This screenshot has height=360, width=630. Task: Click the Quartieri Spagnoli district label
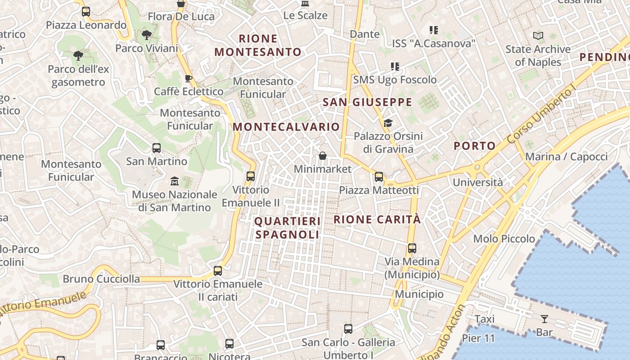pyautogui.click(x=288, y=228)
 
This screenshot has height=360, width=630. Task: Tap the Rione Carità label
pyautogui.click(x=377, y=220)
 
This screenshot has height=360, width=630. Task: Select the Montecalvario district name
pyautogui.click(x=286, y=127)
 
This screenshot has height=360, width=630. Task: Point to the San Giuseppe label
pyautogui.click(x=368, y=102)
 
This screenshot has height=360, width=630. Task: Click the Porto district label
pyautogui.click(x=474, y=146)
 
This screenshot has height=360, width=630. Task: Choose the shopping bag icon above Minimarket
pyautogui.click(x=323, y=156)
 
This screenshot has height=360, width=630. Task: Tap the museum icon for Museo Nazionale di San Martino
pyautogui.click(x=175, y=181)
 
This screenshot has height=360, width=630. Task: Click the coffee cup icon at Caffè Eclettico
pyautogui.click(x=189, y=79)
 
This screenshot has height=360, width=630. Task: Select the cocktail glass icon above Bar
pyautogui.click(x=544, y=319)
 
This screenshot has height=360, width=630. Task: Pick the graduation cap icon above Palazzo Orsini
pyautogui.click(x=387, y=123)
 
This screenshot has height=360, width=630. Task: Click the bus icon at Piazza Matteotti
pyautogui.click(x=379, y=177)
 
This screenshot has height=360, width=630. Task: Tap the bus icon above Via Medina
pyautogui.click(x=412, y=248)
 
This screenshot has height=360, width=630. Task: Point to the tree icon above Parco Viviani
pyautogui.click(x=146, y=35)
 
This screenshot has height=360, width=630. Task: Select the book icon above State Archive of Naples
pyautogui.click(x=538, y=36)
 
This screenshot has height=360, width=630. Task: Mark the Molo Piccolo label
pyautogui.click(x=504, y=239)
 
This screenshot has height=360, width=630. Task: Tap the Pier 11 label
pyautogui.click(x=478, y=338)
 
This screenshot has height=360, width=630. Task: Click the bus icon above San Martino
pyautogui.click(x=157, y=148)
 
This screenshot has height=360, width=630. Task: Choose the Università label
pyautogui.click(x=477, y=182)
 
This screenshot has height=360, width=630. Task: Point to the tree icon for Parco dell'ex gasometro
pyautogui.click(x=78, y=56)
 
